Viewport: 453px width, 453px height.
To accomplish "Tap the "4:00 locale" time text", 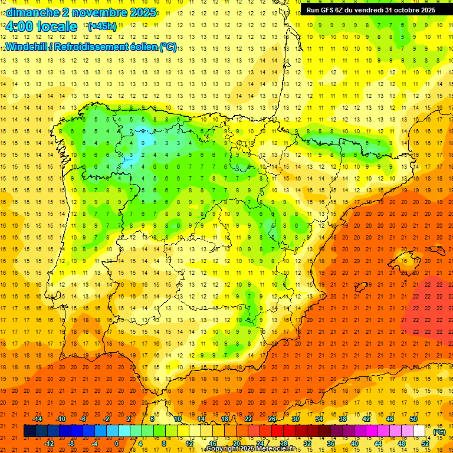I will [x=41, y=27].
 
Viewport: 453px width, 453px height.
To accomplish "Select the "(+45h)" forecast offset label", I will [x=102, y=26].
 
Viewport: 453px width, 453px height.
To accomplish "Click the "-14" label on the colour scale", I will [x=38, y=418].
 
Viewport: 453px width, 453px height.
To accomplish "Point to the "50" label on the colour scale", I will [x=413, y=418].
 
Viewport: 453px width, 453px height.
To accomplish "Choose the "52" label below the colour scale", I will [x=425, y=443].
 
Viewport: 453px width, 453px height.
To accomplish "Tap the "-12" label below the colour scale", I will [x=49, y=443].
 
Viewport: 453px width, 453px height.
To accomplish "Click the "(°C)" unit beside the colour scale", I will [x=439, y=432].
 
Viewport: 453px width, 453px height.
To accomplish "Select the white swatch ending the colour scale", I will [x=419, y=431].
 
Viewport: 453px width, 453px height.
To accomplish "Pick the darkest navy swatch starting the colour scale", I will [x=29, y=431].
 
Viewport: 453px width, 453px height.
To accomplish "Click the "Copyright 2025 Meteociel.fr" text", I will [x=251, y=449].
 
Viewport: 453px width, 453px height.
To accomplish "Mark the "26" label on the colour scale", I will [x=272, y=418].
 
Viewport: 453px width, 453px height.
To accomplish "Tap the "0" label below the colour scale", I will [x=117, y=443].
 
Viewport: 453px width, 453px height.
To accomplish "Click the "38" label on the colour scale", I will [x=343, y=418].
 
